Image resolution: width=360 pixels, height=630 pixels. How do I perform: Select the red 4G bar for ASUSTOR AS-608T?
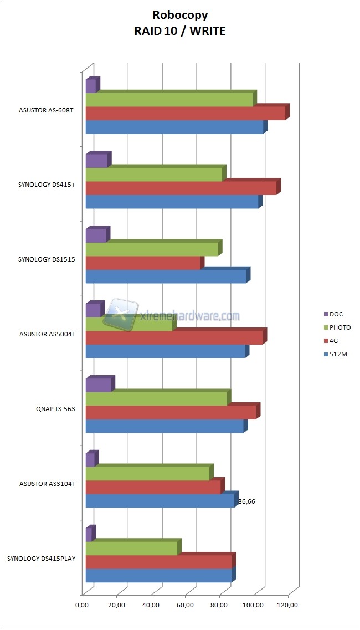pyautogui.click(x=186, y=113)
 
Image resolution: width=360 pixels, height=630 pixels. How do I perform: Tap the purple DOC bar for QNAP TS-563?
pyautogui.click(x=98, y=385)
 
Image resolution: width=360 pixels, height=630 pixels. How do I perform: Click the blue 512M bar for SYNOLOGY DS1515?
pyautogui.click(x=166, y=276)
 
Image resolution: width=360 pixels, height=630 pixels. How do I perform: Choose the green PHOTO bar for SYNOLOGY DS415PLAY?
pyautogui.click(x=131, y=548)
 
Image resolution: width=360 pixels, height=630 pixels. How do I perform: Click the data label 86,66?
pyautogui.click(x=246, y=502)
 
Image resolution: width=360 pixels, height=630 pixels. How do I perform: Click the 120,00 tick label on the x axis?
pyautogui.click(x=288, y=605)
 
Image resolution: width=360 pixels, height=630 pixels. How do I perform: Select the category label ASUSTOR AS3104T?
pyautogui.click(x=47, y=484)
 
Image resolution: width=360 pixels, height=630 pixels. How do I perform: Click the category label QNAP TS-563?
pyautogui.click(x=54, y=409)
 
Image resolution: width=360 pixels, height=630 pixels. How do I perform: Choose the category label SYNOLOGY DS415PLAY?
pyautogui.click(x=41, y=559)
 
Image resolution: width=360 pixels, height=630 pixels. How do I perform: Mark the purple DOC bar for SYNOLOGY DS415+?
pyautogui.click(x=96, y=161)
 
